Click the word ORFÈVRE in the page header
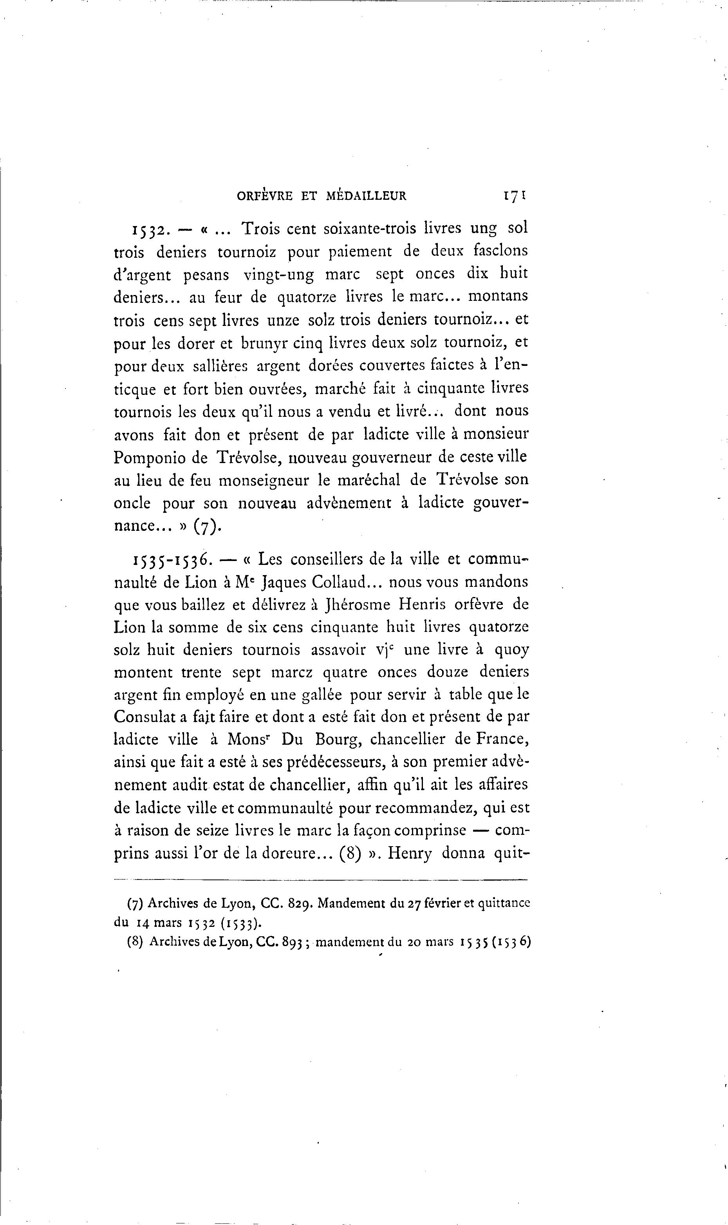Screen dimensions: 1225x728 tap(265, 196)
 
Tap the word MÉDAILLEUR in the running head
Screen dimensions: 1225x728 tap(366, 196)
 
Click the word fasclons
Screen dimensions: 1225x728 tap(501, 251)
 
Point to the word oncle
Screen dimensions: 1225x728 tap(132, 503)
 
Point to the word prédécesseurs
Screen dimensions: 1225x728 tap(338, 763)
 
